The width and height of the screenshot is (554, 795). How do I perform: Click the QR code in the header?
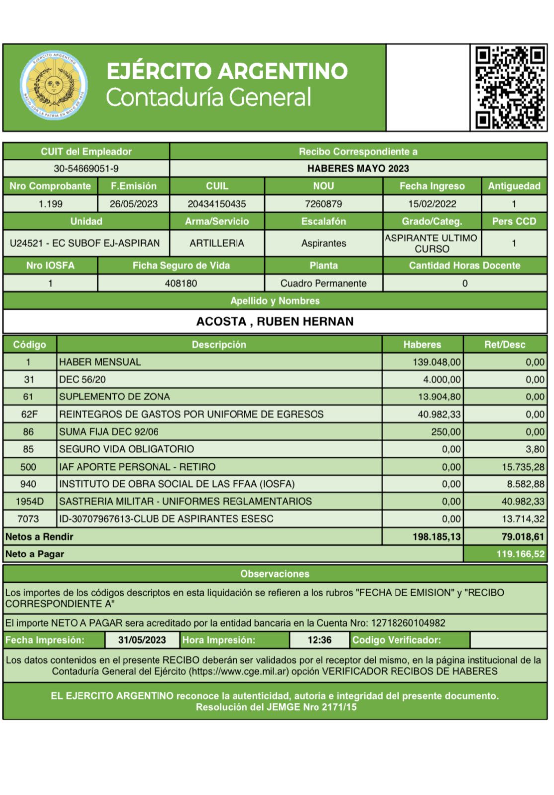point(509,87)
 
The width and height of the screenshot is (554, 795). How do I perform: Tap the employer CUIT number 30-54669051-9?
point(86,169)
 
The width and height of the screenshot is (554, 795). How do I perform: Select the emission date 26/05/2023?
point(134,204)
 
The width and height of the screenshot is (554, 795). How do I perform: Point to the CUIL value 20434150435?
point(217,204)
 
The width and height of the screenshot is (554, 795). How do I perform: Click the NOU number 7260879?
point(323,204)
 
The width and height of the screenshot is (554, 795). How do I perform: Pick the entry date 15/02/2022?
point(432,204)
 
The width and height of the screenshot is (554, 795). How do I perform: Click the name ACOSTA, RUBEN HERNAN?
point(275,322)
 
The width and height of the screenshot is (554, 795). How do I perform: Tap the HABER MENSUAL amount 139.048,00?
point(436,362)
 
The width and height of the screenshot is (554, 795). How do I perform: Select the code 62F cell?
point(29,414)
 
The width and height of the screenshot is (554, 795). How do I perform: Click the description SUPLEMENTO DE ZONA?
point(114,397)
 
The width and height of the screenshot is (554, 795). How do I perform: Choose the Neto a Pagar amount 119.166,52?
point(520,554)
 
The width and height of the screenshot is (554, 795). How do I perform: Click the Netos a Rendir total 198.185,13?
point(436,537)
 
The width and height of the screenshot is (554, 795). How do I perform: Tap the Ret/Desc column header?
point(505,345)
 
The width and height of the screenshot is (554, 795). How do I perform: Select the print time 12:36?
point(319,640)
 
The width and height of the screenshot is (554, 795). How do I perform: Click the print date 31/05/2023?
point(142,640)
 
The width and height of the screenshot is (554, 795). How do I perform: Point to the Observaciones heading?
point(275,574)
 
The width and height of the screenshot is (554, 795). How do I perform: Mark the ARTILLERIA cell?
point(217,243)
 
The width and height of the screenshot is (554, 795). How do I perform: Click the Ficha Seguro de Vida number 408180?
point(181,284)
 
